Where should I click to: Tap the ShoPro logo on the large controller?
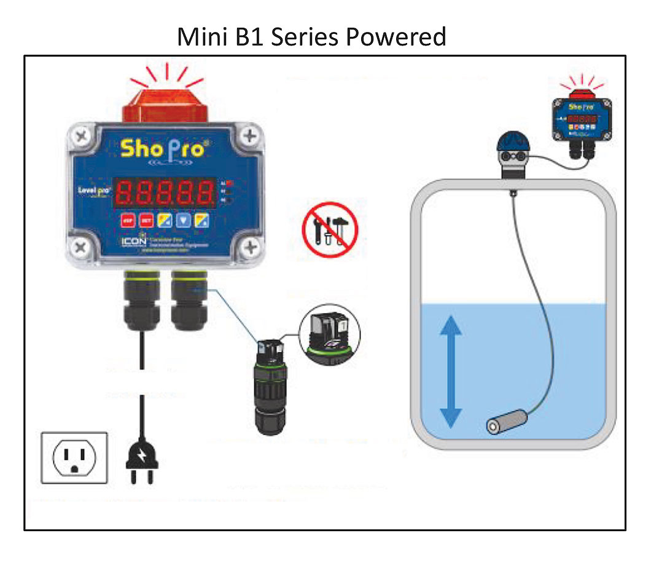point(162,148)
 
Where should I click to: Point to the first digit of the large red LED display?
point(125,193)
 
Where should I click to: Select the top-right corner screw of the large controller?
point(249,136)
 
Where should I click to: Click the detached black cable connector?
point(269,387)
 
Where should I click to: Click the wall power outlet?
point(74,457)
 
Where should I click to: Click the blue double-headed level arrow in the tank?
point(451,373)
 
